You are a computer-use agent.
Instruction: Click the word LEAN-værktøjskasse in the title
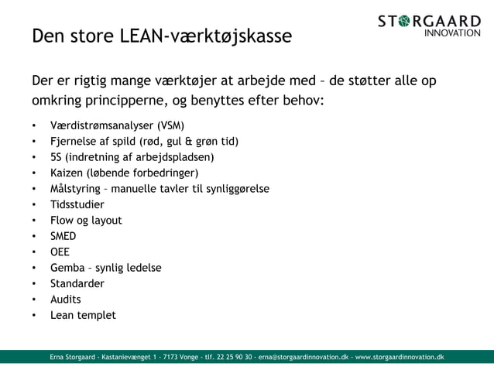pyautogui.click(x=208, y=36)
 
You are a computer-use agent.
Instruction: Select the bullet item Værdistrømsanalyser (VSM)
pyautogui.click(x=117, y=125)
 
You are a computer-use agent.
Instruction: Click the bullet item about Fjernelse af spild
pyautogui.click(x=144, y=142)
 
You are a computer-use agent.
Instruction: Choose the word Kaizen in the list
pyautogui.click(x=68, y=173)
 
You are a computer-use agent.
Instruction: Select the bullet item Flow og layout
pyautogui.click(x=86, y=221)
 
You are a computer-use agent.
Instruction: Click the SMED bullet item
pyautogui.click(x=63, y=236)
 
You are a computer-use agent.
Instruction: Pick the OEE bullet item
pyautogui.click(x=60, y=252)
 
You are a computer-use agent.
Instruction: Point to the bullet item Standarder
pyautogui.click(x=77, y=283)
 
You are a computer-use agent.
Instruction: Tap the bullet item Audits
pyautogui.click(x=66, y=299)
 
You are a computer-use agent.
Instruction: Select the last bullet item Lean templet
pyautogui.click(x=83, y=315)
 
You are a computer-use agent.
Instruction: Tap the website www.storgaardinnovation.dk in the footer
pyautogui.click(x=400, y=357)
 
